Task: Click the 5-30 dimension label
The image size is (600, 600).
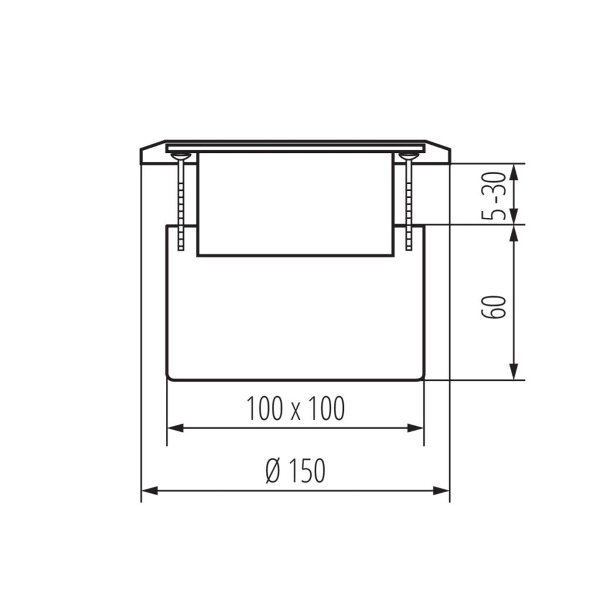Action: click(x=493, y=196)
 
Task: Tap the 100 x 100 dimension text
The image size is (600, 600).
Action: click(x=295, y=408)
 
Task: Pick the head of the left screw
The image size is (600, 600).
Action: click(x=180, y=156)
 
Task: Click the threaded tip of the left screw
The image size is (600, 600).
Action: click(x=181, y=247)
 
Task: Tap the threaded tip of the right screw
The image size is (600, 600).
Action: click(x=409, y=247)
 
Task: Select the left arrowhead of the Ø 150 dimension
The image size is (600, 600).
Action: click(x=149, y=490)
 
